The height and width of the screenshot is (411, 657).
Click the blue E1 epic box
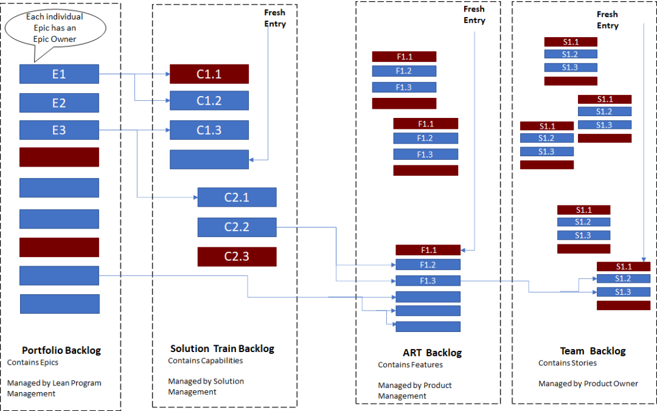coord(59,74)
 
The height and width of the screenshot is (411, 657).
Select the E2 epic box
coord(59,103)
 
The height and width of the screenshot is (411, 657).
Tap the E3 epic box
coord(59,130)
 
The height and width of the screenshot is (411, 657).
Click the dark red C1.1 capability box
coord(209,74)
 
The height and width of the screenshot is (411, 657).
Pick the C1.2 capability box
coord(209,101)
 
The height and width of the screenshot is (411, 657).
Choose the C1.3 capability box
coord(209,130)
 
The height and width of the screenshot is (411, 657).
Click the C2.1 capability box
coord(237,198)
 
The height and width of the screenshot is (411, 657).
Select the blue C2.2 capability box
coord(237,227)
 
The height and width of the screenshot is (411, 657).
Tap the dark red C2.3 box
coord(237,257)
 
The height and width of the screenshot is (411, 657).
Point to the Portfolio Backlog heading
coord(61,350)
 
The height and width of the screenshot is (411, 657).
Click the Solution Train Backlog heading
coord(222,348)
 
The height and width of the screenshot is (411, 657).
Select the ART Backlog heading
coord(432,353)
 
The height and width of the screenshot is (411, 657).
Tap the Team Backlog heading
coord(593,351)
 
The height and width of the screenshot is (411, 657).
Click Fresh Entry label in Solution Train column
coord(275,18)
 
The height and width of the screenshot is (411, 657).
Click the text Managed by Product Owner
coord(588,384)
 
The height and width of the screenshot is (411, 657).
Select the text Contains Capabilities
coord(205,361)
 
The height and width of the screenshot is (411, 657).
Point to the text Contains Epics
coord(33,362)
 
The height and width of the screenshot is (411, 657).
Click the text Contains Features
coord(410,365)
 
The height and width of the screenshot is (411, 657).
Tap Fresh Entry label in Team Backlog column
coord(607,20)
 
